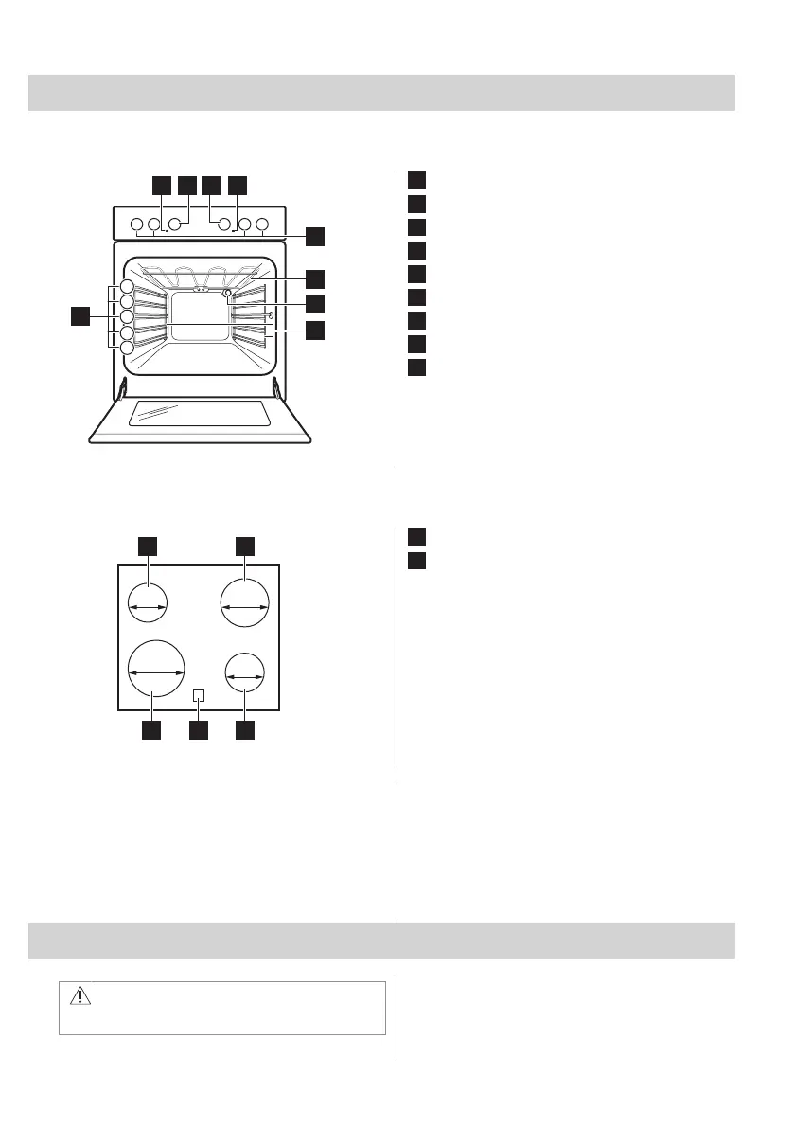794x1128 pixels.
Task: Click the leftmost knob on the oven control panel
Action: click(x=136, y=225)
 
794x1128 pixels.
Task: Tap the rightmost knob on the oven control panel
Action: click(x=262, y=225)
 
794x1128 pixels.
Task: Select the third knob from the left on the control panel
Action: click(x=174, y=225)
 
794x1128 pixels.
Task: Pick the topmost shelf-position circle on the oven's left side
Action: click(x=126, y=287)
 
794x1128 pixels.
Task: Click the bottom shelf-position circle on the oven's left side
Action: click(x=126, y=349)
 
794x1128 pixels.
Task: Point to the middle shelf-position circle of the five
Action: click(x=126, y=317)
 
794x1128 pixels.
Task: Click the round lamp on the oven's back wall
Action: click(x=227, y=294)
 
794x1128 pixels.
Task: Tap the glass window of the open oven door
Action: click(x=200, y=414)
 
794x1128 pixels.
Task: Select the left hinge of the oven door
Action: click(x=124, y=389)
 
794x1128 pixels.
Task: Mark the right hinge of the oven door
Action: click(x=275, y=389)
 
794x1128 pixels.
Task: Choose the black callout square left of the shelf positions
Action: click(x=80, y=315)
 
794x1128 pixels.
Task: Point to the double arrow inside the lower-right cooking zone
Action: click(x=245, y=677)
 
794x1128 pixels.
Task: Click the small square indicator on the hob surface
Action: click(x=198, y=696)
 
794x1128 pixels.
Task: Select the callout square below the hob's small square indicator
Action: click(x=198, y=730)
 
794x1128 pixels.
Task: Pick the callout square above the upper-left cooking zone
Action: click(x=149, y=545)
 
